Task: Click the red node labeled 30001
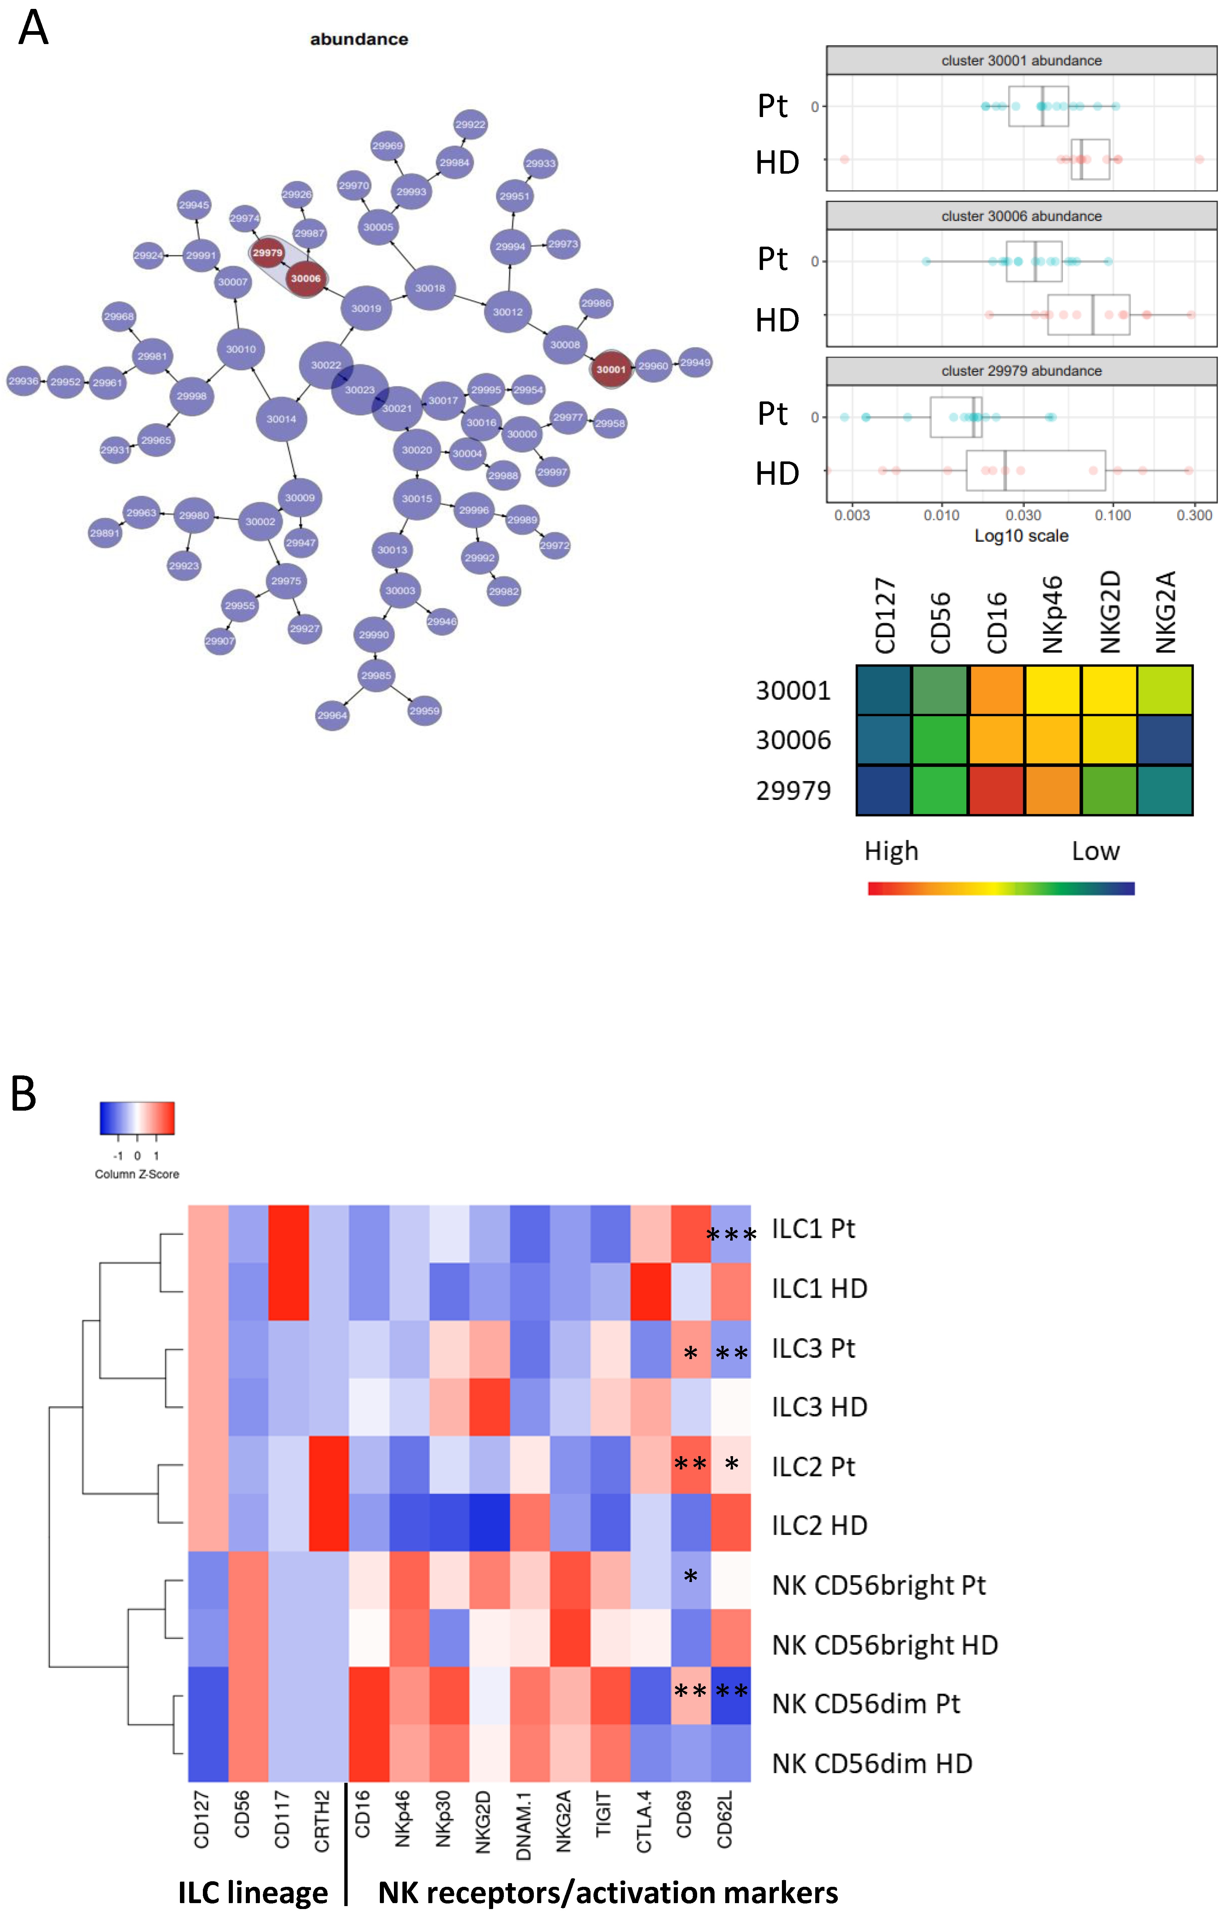pos(611,369)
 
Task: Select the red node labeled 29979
pos(268,253)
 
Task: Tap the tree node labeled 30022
pos(326,365)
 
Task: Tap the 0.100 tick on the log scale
pos(1113,515)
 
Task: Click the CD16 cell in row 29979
pos(996,791)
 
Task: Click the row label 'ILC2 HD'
pos(819,1525)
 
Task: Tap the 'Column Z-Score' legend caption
pos(137,1174)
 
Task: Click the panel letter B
pos(24,1094)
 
